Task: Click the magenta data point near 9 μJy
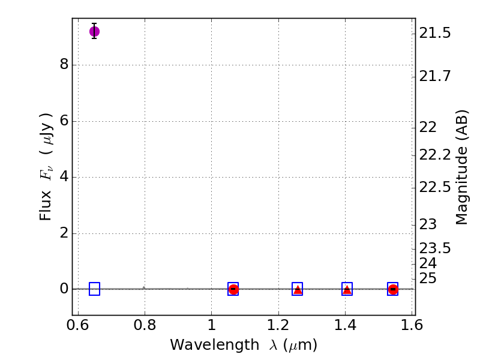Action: point(94,31)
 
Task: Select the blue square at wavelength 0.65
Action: point(94,289)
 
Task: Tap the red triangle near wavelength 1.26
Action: point(298,289)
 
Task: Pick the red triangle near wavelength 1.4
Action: point(347,289)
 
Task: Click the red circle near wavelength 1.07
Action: point(233,289)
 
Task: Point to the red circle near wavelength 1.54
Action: point(393,289)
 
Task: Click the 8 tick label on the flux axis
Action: point(64,65)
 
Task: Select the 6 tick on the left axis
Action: point(64,121)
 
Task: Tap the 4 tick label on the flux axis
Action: point(64,177)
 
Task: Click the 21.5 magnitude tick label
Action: point(434,33)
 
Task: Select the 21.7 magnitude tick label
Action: point(434,76)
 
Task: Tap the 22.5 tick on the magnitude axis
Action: point(434,187)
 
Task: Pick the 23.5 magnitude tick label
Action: point(434,248)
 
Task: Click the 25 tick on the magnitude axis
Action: point(428,278)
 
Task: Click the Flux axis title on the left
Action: point(47,167)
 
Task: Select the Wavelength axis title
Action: point(243,346)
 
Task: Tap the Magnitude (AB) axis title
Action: point(461,167)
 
